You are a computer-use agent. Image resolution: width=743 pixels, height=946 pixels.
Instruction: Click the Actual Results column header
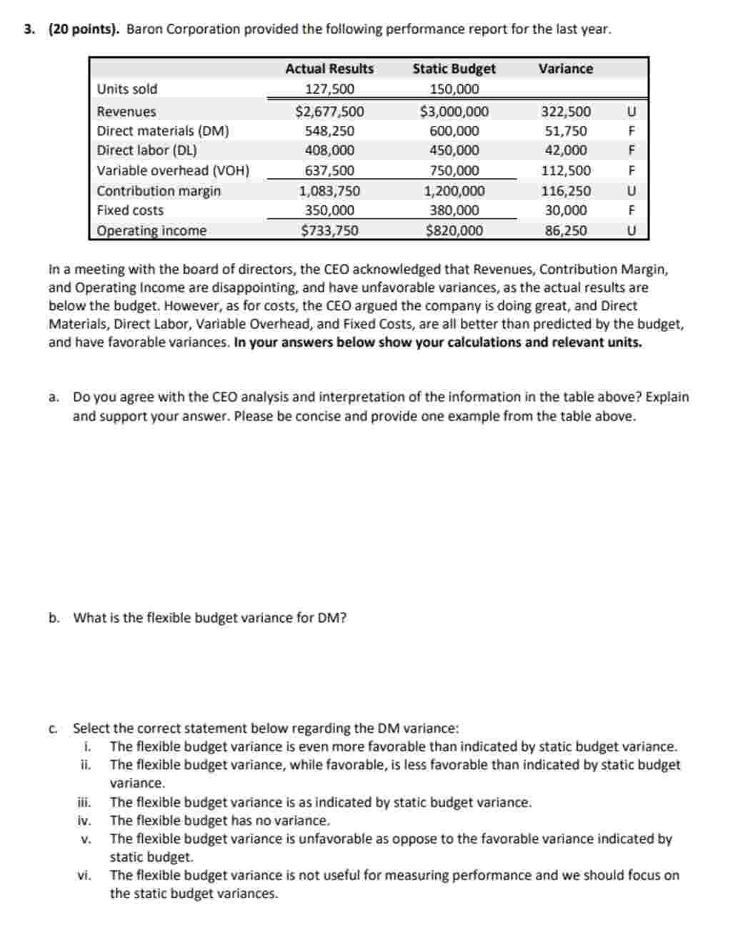(x=329, y=69)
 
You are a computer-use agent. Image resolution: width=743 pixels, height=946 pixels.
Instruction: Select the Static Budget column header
(x=454, y=69)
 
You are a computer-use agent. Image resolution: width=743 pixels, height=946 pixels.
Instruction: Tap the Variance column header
(x=565, y=69)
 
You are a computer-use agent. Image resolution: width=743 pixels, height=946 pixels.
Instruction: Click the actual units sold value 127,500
(x=329, y=89)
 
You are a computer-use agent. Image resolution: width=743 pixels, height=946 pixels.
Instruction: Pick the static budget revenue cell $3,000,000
(x=454, y=112)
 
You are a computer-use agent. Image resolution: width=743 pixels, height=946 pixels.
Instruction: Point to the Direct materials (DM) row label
(x=163, y=131)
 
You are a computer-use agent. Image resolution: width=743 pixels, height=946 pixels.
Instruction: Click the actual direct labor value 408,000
(x=329, y=150)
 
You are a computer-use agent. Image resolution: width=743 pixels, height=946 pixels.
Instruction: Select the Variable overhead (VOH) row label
(x=173, y=170)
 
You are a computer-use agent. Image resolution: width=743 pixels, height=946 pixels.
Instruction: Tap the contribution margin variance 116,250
(x=566, y=191)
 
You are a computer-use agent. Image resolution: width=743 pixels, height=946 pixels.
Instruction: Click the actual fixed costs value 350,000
(x=329, y=210)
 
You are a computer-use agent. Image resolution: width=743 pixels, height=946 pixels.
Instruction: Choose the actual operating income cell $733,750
(x=329, y=230)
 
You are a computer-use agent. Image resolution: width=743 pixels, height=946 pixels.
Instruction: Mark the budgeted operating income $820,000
(x=454, y=230)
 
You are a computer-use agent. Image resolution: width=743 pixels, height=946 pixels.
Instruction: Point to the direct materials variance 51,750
(x=566, y=131)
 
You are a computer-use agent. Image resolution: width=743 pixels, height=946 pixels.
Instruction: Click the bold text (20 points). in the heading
(x=84, y=29)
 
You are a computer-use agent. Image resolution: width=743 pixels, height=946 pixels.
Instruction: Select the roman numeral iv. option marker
(x=84, y=821)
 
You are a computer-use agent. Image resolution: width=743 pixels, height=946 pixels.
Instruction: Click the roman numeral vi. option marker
(x=84, y=875)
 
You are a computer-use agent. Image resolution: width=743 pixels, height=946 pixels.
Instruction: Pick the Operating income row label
(x=151, y=231)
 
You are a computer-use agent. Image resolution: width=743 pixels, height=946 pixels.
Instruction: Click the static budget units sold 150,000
(x=454, y=89)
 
